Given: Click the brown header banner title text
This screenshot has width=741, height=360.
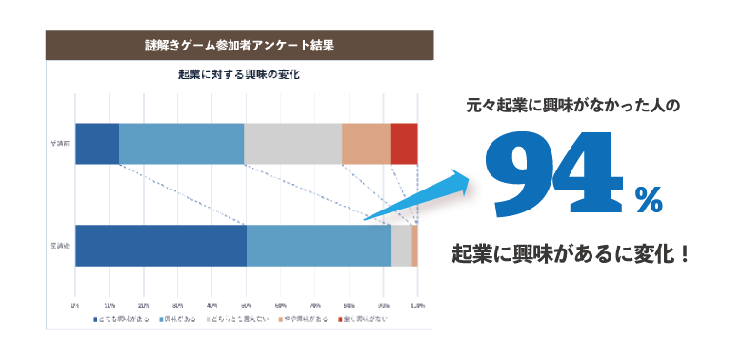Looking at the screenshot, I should tap(239, 45).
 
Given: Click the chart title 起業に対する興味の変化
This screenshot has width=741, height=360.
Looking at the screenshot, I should tap(239, 74).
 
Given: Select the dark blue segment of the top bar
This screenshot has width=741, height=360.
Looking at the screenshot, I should tap(96, 144).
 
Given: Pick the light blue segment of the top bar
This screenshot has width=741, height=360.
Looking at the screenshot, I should tap(181, 144).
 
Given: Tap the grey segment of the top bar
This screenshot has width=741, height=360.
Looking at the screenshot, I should tap(292, 144).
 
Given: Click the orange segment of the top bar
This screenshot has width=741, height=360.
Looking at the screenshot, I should tap(366, 144).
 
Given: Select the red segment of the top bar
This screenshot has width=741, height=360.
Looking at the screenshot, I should tap(404, 144).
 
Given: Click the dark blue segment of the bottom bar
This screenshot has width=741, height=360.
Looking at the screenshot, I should tap(160, 246).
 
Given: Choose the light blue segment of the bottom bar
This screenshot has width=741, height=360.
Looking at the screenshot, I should tap(318, 246).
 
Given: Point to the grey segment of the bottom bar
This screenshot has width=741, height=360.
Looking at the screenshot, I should tap(401, 246).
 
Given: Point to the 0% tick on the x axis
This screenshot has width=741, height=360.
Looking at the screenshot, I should tap(76, 304).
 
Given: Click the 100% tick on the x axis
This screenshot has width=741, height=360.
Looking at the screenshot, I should tap(416, 304).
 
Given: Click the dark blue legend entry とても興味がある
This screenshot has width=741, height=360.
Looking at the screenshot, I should tap(122, 319).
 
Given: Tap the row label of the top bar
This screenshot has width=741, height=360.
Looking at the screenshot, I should tap(59, 144).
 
